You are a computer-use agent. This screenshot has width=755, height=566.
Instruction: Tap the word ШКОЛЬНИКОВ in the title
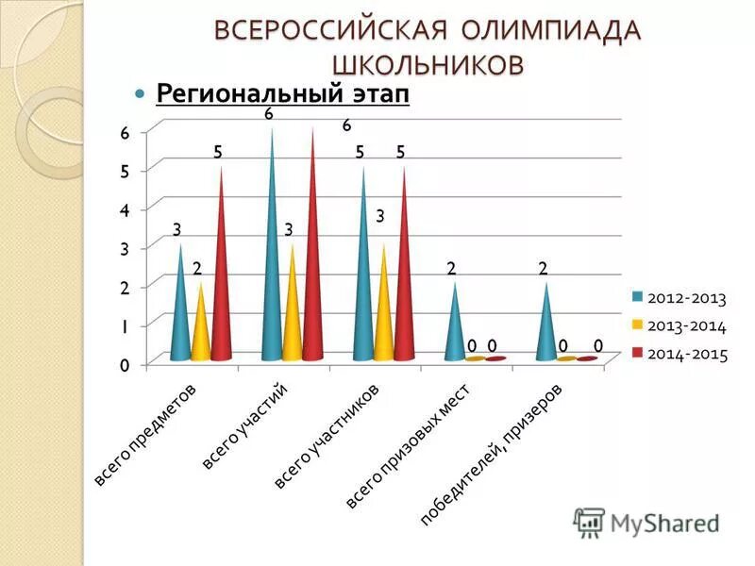click(427, 64)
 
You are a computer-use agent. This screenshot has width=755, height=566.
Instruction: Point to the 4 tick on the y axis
click(124, 209)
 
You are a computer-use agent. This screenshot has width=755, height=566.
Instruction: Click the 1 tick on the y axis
click(124, 325)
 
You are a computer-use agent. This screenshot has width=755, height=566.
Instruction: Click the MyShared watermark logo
click(647, 522)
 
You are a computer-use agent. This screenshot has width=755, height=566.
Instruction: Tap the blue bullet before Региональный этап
click(141, 95)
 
